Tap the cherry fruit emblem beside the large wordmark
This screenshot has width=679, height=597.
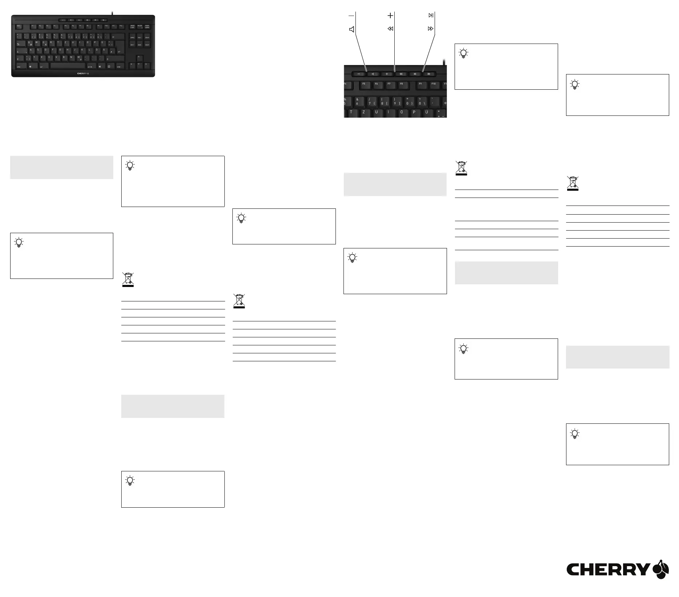[661, 569]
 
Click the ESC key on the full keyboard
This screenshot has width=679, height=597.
[19, 26]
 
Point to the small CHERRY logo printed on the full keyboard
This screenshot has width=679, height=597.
[83, 73]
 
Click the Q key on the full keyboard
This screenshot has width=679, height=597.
[29, 42]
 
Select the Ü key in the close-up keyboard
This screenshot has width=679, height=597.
[427, 112]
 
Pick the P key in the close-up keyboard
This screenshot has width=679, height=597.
[414, 112]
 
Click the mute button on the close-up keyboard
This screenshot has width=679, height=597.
[373, 74]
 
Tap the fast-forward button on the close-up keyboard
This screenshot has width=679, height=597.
[429, 74]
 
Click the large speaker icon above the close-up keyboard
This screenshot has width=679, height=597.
[351, 29]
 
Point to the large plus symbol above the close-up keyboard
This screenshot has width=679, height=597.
[390, 15]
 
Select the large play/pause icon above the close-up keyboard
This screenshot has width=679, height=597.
[431, 15]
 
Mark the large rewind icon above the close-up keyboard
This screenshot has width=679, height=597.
[390, 29]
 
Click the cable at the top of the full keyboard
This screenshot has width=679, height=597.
[113, 13]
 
